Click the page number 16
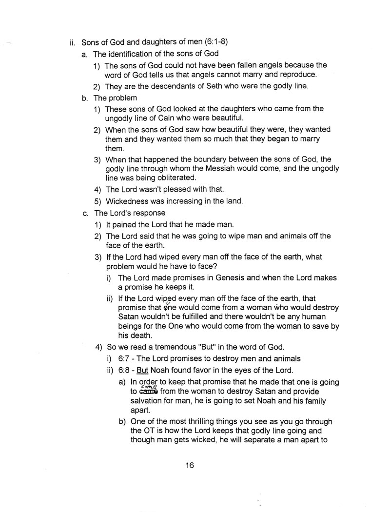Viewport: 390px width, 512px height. (x=190, y=465)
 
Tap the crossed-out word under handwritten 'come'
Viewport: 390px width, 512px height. (x=139, y=392)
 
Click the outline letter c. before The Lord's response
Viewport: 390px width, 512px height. (x=86, y=213)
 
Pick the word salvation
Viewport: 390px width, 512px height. (x=151, y=401)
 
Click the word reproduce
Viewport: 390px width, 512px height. (x=294, y=75)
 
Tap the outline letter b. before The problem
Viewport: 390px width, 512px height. (x=86, y=98)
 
